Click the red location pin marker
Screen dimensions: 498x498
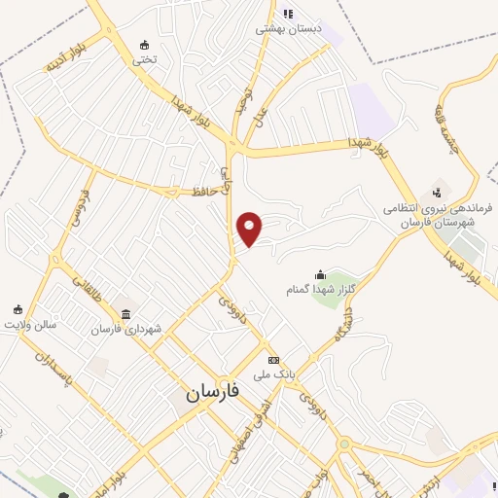[x=250, y=228]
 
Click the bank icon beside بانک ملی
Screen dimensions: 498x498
[x=273, y=359]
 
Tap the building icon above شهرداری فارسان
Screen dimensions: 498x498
[x=127, y=313]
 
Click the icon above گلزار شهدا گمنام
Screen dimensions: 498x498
[x=320, y=274]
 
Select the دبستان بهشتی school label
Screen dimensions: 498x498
[x=287, y=29]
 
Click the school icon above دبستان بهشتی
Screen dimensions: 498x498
[x=287, y=14]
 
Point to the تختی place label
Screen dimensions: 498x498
[x=144, y=59]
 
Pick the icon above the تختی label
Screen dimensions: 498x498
[x=145, y=44]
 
